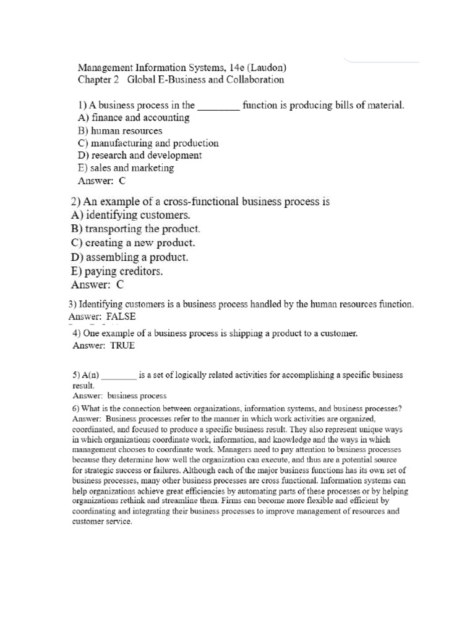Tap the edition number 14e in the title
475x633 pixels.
[x=229, y=67]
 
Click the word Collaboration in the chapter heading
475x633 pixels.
[x=255, y=80]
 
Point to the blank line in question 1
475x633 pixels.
[x=218, y=106]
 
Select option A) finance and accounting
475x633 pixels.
[x=134, y=117]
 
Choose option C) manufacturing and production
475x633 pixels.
[x=148, y=143]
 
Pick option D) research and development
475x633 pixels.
[x=140, y=155]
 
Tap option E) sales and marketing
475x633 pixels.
[x=126, y=168]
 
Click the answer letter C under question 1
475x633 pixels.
[x=122, y=181]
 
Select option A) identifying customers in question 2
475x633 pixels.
[x=131, y=215]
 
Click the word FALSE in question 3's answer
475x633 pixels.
[x=121, y=316]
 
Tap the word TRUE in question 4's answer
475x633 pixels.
[x=122, y=346]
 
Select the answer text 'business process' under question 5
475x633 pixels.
[x=137, y=396]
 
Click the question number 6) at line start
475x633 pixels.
[x=77, y=408]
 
